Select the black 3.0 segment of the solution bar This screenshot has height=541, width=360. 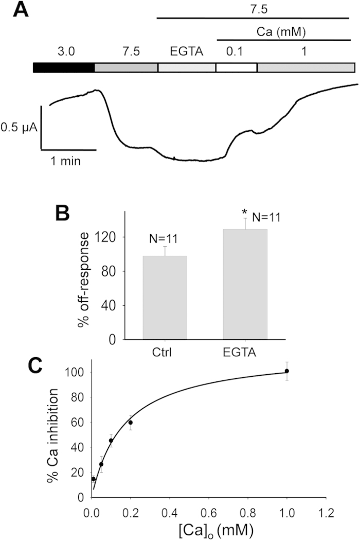[x=64, y=67]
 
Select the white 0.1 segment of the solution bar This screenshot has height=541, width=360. [x=236, y=67]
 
